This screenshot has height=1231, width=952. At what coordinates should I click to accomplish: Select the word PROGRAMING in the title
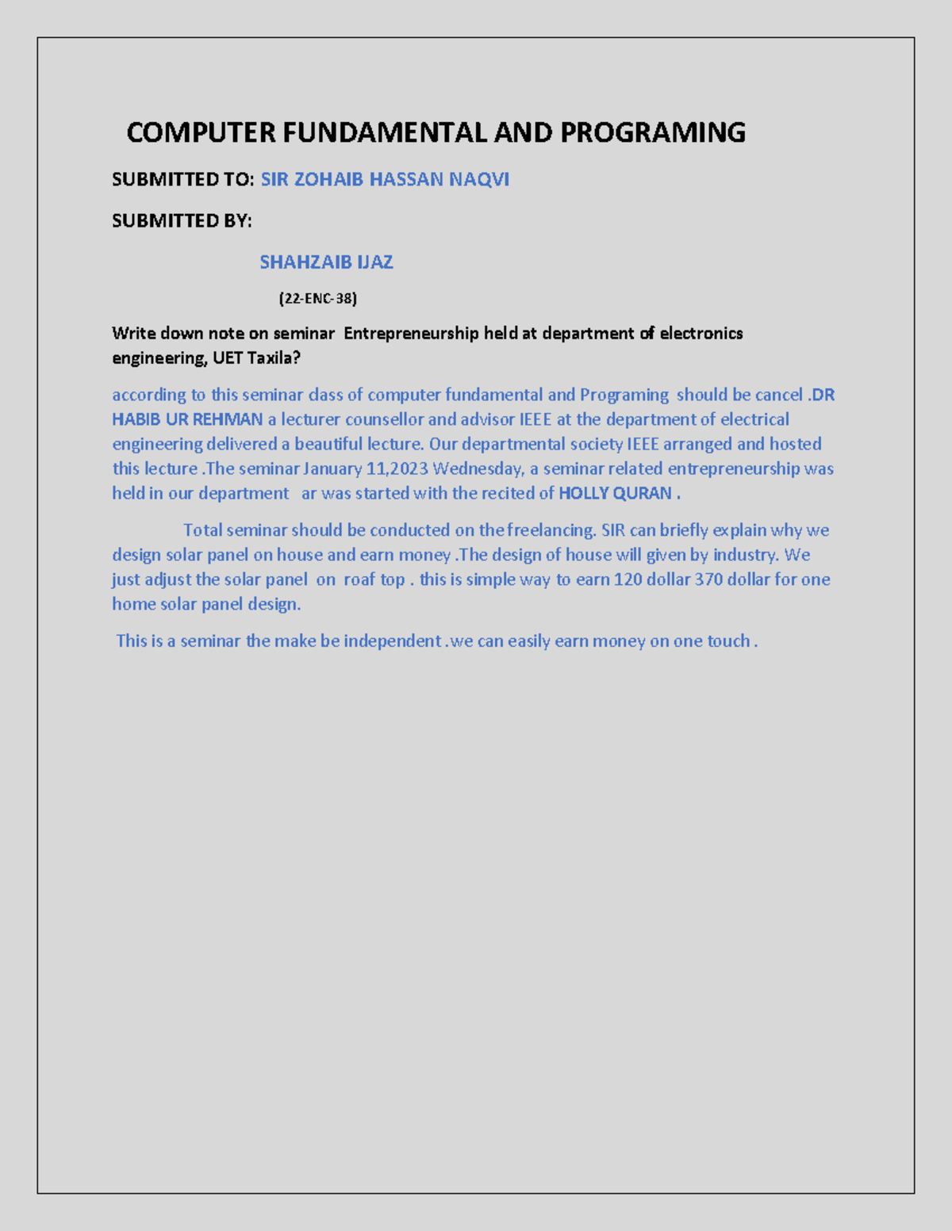pyautogui.click(x=653, y=132)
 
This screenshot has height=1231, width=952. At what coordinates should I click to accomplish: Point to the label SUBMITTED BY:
pyautogui.click(x=182, y=221)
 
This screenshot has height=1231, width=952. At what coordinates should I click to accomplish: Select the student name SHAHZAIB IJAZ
pyautogui.click(x=326, y=262)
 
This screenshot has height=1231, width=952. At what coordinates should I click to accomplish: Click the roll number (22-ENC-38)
pyautogui.click(x=317, y=299)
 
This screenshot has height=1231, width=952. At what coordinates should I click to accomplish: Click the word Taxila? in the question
pyautogui.click(x=274, y=358)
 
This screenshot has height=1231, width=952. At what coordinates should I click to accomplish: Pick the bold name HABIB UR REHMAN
pyautogui.click(x=187, y=419)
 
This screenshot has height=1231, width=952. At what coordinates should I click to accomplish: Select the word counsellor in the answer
pyautogui.click(x=384, y=419)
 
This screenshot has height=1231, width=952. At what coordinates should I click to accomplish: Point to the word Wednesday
pyautogui.click(x=478, y=468)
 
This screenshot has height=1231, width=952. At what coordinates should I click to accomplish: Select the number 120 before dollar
pyautogui.click(x=628, y=579)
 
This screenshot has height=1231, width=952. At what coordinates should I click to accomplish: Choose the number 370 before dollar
pyautogui.click(x=708, y=579)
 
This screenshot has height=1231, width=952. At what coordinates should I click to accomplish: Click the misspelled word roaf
pyautogui.click(x=359, y=579)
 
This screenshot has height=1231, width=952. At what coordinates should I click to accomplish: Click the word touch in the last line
pyautogui.click(x=727, y=641)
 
